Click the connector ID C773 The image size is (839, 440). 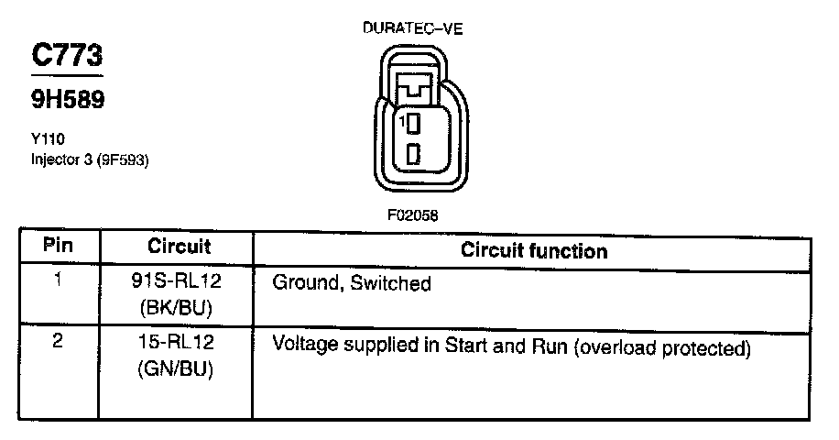(68, 56)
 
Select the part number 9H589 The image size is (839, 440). (68, 100)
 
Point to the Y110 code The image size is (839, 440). (45, 140)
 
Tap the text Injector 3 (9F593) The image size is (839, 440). (90, 159)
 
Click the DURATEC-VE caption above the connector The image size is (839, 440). (413, 28)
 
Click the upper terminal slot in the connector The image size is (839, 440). (413, 122)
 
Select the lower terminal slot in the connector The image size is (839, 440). (413, 153)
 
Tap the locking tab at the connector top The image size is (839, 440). (414, 89)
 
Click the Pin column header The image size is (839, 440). (59, 247)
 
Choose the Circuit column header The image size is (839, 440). (179, 247)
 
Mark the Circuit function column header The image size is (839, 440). (533, 249)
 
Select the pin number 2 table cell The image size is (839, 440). (59, 347)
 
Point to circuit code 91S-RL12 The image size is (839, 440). (179, 283)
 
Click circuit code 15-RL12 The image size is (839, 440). (179, 346)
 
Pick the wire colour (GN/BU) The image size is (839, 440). (179, 369)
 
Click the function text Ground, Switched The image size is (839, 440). (352, 284)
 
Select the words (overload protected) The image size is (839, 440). (661, 349)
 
